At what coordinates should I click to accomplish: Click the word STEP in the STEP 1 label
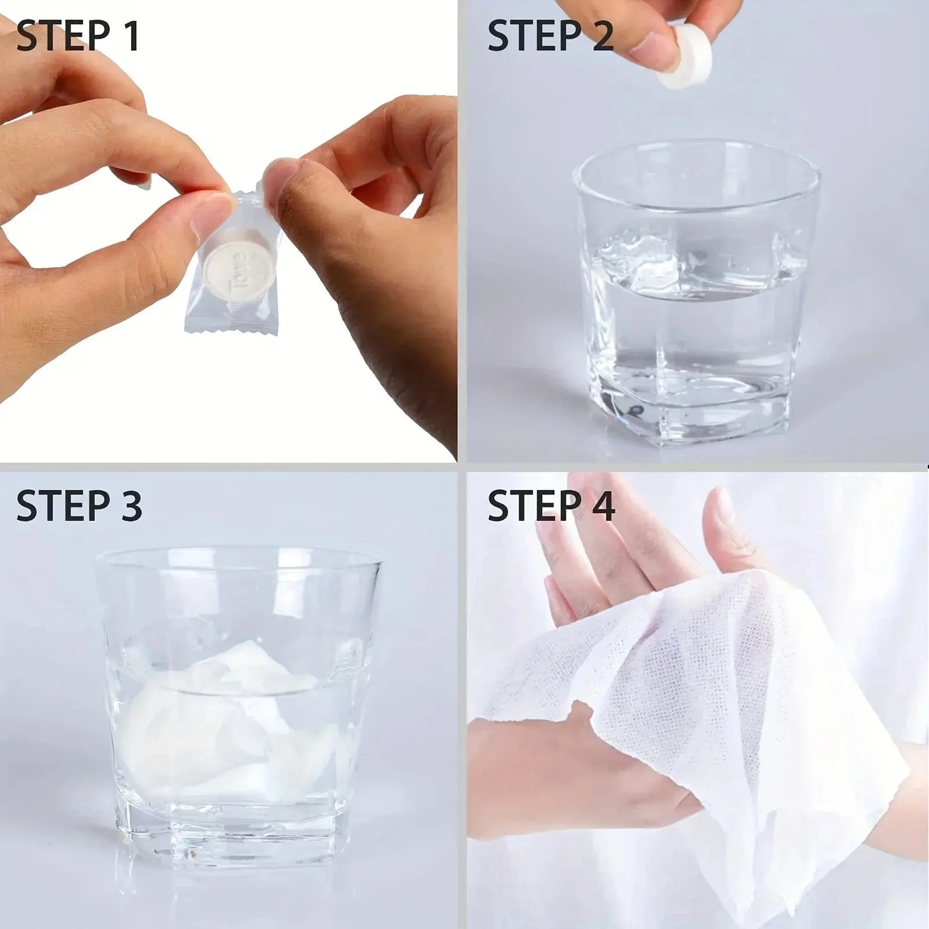tap(62, 36)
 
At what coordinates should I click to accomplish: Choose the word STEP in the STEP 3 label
tap(62, 505)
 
